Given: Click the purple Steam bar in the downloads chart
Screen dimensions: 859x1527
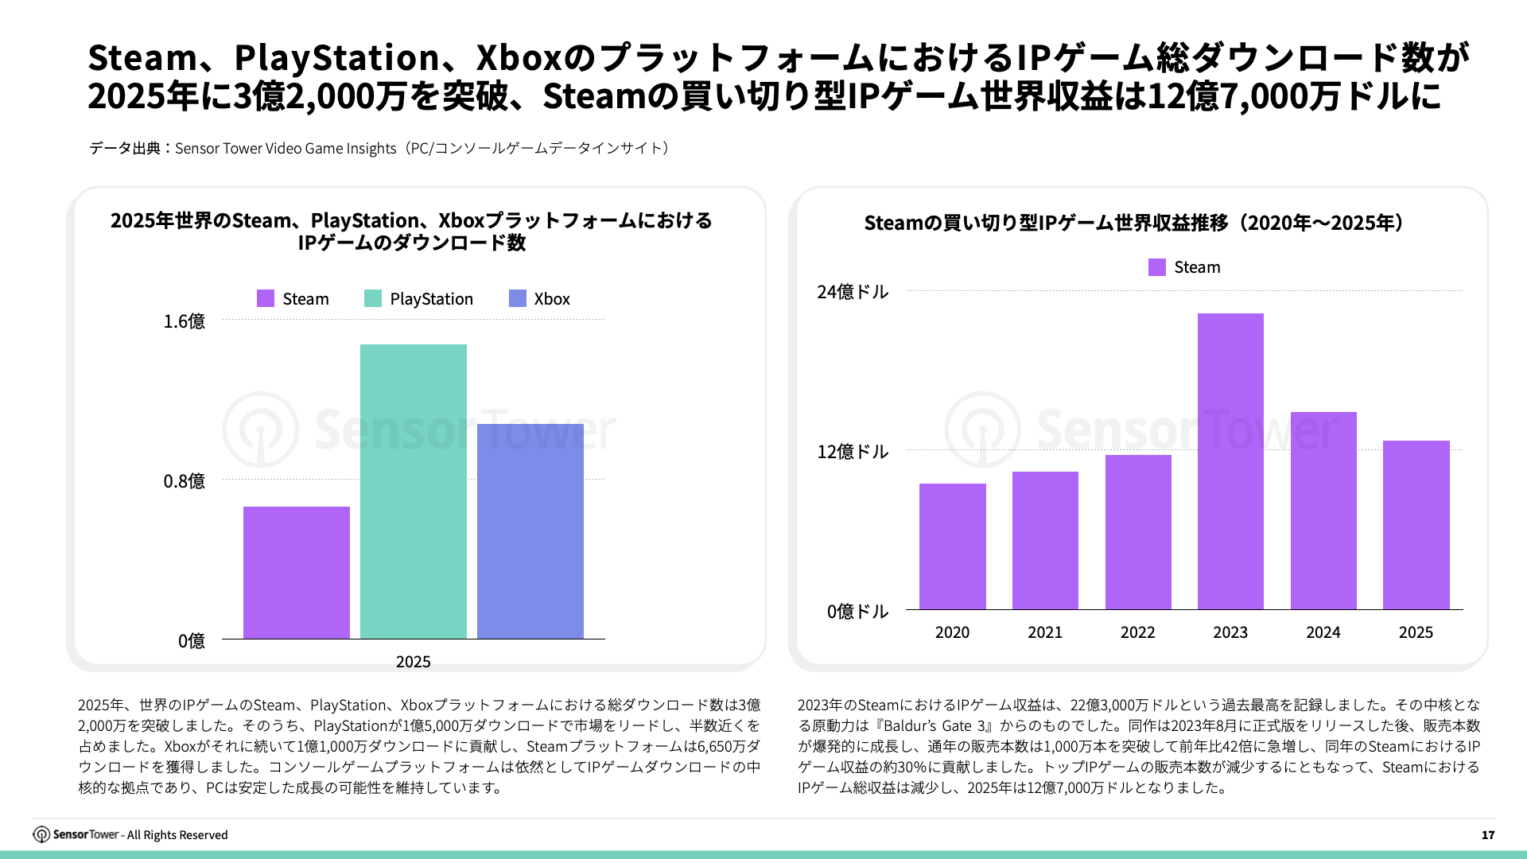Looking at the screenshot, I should (296, 573).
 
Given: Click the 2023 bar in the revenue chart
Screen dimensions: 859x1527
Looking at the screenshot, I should (1230, 461).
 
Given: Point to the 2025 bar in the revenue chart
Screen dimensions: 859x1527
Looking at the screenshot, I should (1416, 525).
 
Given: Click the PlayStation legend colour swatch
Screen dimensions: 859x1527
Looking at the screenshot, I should (373, 298).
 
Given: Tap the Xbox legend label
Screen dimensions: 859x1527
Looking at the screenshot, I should (552, 299).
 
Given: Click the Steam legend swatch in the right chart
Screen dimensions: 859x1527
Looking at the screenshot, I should (1157, 267).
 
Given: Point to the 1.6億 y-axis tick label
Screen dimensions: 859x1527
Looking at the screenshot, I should (184, 321).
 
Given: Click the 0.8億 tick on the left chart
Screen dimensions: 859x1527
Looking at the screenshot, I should (184, 481).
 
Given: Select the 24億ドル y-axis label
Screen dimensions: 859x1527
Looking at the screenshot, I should (853, 292).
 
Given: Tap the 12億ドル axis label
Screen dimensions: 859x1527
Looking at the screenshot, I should (853, 452).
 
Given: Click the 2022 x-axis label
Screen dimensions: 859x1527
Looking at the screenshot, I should (1137, 632).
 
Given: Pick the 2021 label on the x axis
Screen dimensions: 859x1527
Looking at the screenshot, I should (1045, 632).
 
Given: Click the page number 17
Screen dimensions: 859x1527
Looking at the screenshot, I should (1488, 835).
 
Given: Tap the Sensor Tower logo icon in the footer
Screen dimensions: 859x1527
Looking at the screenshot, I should (41, 834).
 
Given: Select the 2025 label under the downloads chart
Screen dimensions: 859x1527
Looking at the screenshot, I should (413, 662).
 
